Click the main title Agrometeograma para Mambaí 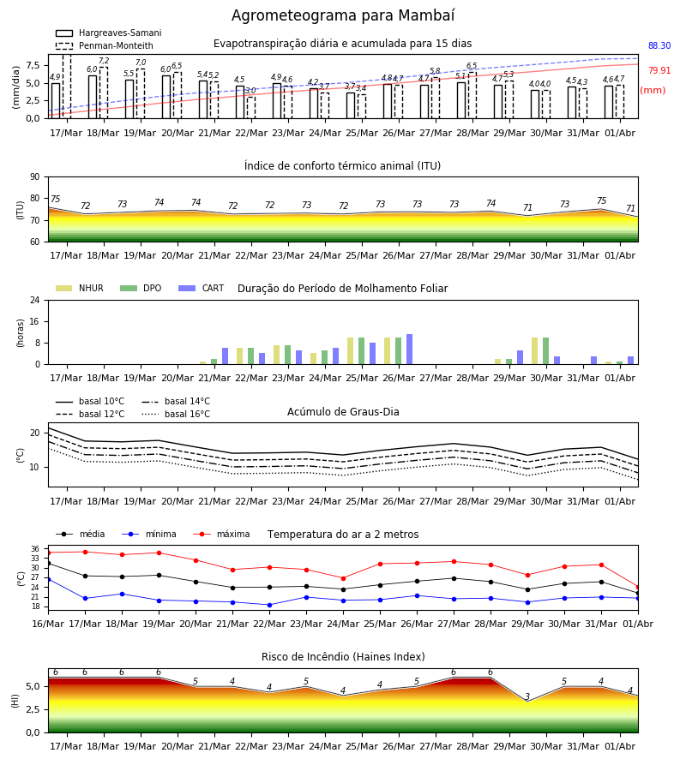[343, 15]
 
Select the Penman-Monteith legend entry [105, 45]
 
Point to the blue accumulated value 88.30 [659, 45]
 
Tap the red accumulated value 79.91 [659, 70]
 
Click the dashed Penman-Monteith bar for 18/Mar [104, 93]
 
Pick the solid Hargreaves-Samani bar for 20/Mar [166, 97]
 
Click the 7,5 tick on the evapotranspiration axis [33, 65]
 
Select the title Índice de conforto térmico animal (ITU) [342, 166]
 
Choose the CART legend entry [202, 288]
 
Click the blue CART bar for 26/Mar [409, 350]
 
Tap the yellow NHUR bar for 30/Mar [534, 351]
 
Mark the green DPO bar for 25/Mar [362, 351]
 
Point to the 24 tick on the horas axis [35, 300]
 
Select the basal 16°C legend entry [176, 414]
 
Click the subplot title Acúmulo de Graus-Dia [343, 412]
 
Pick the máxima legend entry [221, 534]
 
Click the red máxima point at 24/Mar [344, 578]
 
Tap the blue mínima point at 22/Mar [269, 606]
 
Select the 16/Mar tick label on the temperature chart [48, 624]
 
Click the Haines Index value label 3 [527, 696]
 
